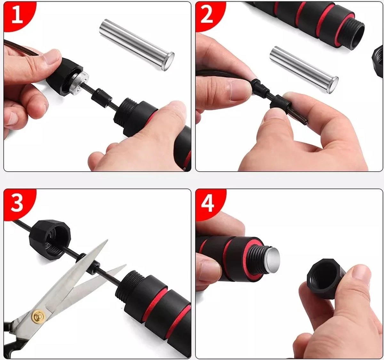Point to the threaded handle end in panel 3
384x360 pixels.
(133, 281)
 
